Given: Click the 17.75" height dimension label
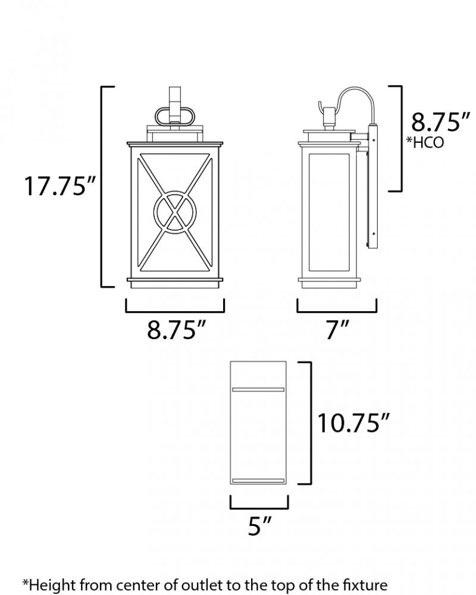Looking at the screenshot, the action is coord(59,186).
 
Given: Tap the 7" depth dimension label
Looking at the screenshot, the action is coord(337,330).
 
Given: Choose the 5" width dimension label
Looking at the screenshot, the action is coord(259,526).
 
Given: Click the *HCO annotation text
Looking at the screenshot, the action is coord(425,142).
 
